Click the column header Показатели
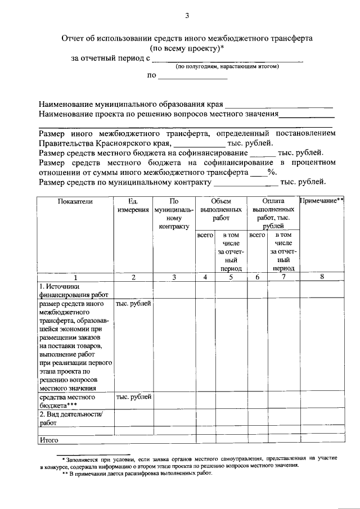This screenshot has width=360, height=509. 74,201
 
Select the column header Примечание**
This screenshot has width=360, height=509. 322,200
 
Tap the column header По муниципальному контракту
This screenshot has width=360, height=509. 174,213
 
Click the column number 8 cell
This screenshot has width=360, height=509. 322,277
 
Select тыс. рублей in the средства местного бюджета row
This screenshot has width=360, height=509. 133,397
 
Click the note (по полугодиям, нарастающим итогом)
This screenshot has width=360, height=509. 227,66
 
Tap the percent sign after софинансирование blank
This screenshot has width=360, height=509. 270,172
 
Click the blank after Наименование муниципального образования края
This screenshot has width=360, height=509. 279,105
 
